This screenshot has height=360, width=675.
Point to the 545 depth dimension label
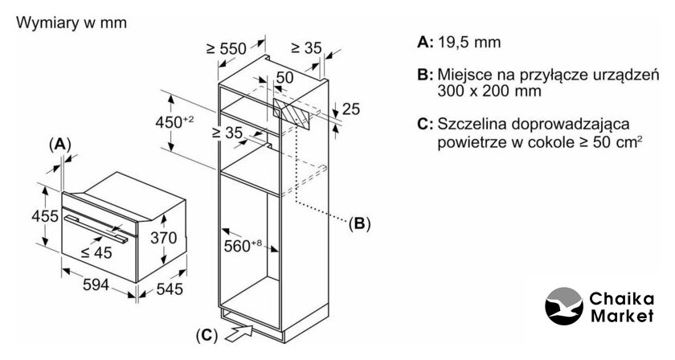point(170,288)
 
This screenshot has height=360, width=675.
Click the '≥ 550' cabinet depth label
point(226,48)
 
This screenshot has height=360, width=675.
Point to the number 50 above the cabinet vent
point(284,77)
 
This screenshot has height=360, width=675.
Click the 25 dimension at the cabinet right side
point(350,109)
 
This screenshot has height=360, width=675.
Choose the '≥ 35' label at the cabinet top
point(305,48)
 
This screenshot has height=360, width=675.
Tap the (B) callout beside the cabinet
point(358,223)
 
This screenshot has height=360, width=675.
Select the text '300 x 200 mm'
point(486,92)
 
